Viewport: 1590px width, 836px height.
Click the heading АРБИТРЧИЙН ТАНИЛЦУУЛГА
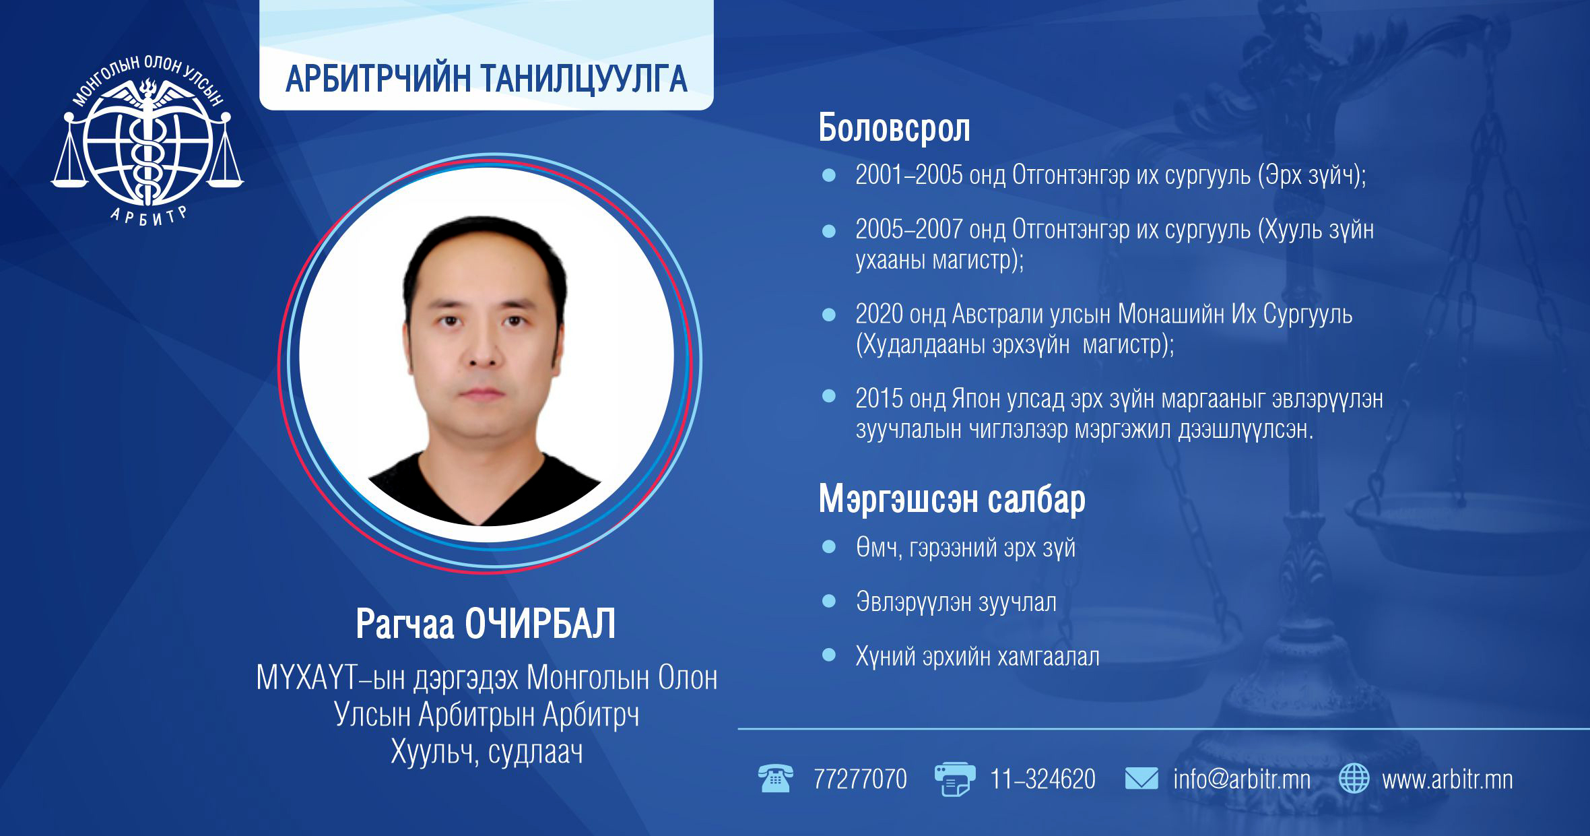click(x=486, y=79)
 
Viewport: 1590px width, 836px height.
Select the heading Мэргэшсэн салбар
click(x=952, y=499)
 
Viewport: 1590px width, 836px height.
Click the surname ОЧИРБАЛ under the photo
click(x=540, y=624)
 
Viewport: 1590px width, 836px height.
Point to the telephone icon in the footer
click(x=775, y=779)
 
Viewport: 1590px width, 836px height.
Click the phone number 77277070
click(x=860, y=779)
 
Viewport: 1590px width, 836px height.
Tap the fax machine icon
click(x=954, y=779)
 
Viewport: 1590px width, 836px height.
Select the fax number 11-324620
click(x=1042, y=779)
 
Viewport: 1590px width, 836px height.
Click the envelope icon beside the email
click(x=1141, y=779)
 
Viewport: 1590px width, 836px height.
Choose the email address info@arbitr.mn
click(x=1242, y=779)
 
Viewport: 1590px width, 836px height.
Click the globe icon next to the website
click(x=1354, y=779)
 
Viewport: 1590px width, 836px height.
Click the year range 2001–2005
click(x=909, y=175)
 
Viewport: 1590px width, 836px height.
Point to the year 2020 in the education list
click(x=880, y=314)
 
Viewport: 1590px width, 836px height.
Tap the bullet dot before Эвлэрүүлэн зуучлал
click(x=829, y=600)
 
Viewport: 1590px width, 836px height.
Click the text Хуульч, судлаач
click(x=486, y=752)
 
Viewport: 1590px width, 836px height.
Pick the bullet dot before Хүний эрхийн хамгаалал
click(x=829, y=654)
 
